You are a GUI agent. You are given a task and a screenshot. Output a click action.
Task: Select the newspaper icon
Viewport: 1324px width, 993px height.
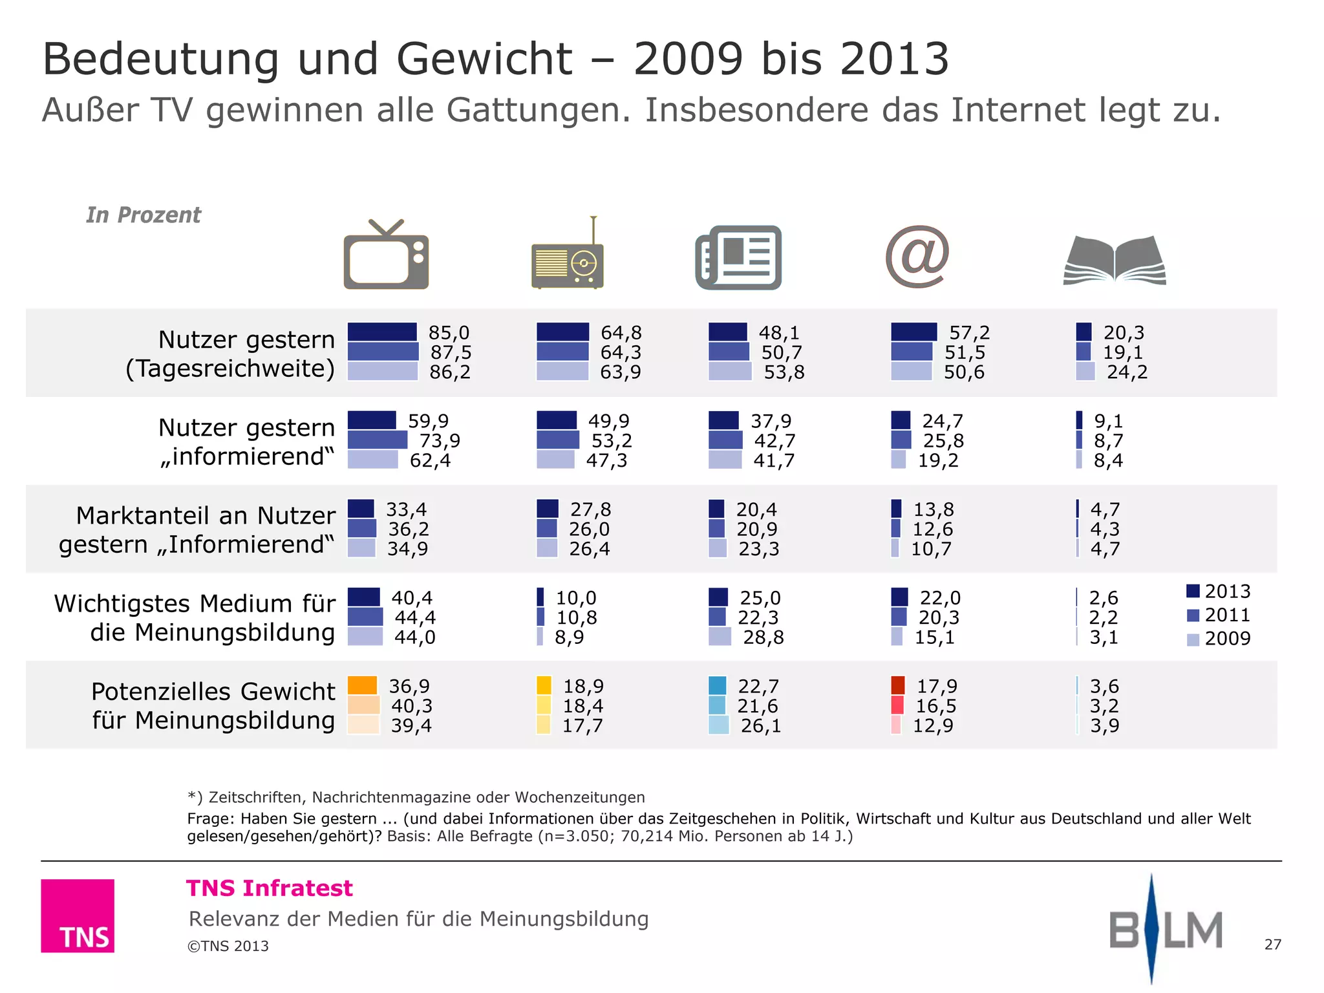[738, 257]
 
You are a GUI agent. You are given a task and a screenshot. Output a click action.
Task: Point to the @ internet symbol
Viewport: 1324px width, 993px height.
[917, 257]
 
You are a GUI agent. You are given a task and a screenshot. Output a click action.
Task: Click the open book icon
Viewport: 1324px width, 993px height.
[1115, 261]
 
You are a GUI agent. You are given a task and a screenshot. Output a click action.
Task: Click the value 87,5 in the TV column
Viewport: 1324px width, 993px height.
[451, 352]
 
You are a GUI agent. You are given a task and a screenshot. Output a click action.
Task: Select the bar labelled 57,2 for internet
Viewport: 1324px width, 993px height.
[913, 332]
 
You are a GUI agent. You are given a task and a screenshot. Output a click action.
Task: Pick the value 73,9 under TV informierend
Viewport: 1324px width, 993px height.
[440, 441]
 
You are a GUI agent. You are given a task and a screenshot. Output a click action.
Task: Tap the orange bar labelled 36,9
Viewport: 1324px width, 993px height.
[362, 685]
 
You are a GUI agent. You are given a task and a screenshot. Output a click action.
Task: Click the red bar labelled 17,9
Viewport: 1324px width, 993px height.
[897, 685]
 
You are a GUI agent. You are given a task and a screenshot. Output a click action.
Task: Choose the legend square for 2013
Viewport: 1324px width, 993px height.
[1193, 591]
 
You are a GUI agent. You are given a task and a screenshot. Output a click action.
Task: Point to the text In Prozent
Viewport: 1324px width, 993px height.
[144, 215]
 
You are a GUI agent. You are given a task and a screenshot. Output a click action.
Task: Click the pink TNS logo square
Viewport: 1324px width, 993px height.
[78, 915]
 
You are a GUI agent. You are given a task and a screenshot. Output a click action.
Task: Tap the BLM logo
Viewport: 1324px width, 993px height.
[1165, 930]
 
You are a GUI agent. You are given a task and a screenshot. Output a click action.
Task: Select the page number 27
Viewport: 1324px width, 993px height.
[1272, 945]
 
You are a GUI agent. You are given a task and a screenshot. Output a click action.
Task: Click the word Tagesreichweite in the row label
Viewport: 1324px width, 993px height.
[230, 368]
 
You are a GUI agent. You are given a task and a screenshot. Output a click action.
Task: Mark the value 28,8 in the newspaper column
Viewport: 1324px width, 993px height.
[763, 637]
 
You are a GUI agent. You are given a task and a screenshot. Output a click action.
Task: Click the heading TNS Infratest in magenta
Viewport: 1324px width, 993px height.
[270, 888]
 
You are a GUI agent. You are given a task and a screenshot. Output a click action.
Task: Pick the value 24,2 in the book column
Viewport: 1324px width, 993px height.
[1127, 372]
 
